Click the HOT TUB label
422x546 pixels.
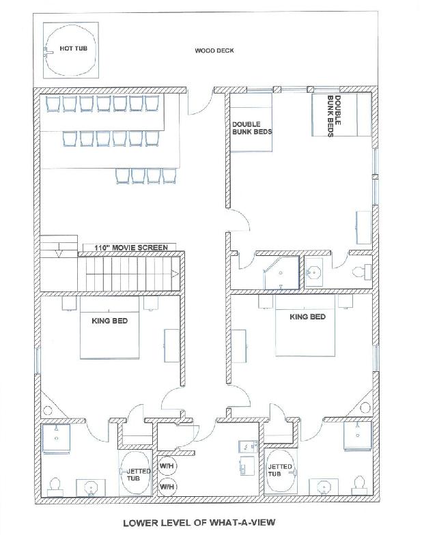click(73, 48)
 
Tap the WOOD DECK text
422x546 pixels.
click(214, 51)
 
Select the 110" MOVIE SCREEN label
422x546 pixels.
click(131, 248)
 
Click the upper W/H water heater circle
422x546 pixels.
click(167, 466)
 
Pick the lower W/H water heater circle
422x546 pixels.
click(167, 487)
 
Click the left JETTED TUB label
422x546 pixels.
click(137, 474)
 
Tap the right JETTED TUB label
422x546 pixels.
click(279, 470)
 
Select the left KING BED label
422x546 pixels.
click(109, 321)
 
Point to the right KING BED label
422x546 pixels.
click(308, 317)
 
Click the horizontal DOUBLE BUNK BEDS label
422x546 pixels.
click(252, 128)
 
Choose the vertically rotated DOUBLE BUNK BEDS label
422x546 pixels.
click(334, 116)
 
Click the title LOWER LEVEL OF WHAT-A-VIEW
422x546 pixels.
click(199, 522)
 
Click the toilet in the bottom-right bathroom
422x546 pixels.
click(359, 485)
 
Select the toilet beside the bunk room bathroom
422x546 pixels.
click(362, 271)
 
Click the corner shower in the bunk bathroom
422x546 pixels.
click(281, 272)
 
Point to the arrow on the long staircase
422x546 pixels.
click(175, 274)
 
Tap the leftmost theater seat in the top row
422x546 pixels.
click(53, 104)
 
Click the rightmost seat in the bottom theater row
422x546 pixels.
click(169, 176)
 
